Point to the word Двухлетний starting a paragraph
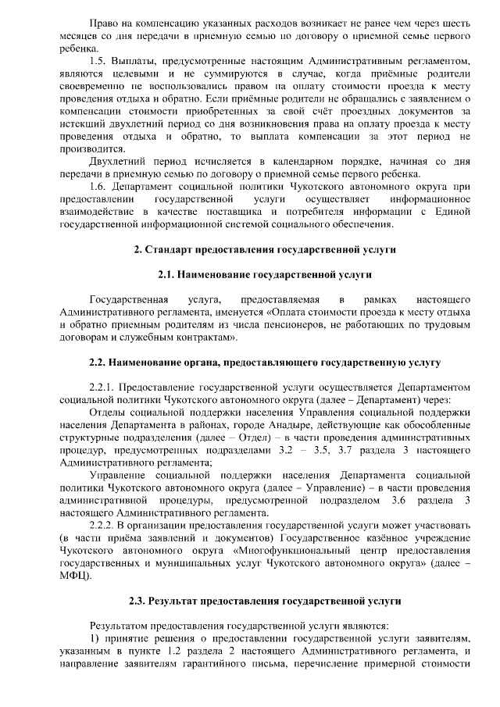point(117,160)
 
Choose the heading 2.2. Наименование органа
point(265,362)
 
